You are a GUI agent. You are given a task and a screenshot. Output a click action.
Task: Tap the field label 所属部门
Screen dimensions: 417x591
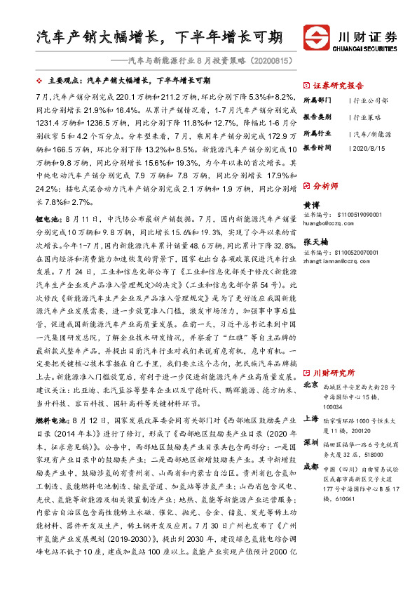tap(316, 101)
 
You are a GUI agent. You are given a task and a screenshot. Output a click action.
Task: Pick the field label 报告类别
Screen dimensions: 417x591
tap(316, 117)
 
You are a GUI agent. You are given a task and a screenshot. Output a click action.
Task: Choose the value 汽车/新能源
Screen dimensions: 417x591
tap(371, 133)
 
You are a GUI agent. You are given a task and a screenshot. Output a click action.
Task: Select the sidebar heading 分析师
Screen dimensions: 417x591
tap(325, 187)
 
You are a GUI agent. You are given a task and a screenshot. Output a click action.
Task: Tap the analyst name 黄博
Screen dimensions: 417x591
tap(310, 204)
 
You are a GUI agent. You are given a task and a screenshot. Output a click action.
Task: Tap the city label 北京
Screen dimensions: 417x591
tap(310, 385)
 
